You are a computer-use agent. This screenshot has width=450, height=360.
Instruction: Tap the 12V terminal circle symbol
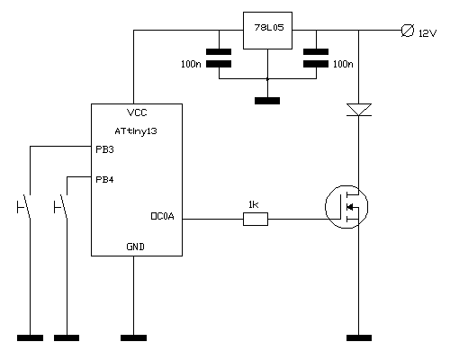coord(408,31)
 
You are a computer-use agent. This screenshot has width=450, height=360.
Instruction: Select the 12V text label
coord(427,33)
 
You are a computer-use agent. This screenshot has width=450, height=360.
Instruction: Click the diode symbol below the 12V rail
coord(359,110)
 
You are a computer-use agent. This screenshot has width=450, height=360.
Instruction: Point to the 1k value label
coord(253,204)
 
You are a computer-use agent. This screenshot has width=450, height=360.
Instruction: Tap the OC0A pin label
coord(162,216)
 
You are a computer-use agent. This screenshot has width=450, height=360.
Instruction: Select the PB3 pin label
coord(104,149)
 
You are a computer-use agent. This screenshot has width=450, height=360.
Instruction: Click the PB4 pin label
coord(104,180)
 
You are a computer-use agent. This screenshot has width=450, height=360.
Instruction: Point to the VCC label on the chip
coord(137,112)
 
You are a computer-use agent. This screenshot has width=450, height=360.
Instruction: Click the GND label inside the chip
coord(135,247)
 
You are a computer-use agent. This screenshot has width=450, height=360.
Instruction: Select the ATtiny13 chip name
coord(136,131)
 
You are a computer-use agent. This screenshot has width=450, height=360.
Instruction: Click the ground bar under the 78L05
coord(267,101)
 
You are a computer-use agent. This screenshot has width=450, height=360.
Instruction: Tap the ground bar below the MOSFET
coord(359,337)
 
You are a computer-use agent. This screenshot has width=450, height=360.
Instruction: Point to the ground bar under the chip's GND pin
coord(133,337)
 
